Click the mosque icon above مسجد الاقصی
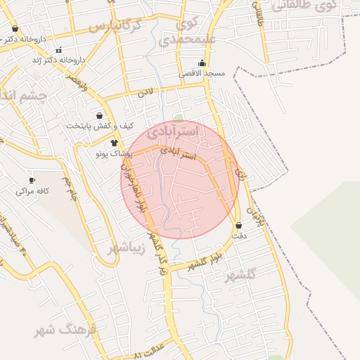click(x=202, y=63)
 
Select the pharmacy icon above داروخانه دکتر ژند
click(x=58, y=50)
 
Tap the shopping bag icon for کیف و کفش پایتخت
click(x=99, y=115)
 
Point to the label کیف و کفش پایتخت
click(x=100, y=126)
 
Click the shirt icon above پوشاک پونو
click(x=114, y=142)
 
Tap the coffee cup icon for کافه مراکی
click(x=32, y=181)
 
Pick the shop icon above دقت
click(x=239, y=226)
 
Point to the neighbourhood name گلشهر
click(x=240, y=275)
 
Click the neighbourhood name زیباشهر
click(x=127, y=248)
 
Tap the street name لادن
click(x=146, y=92)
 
